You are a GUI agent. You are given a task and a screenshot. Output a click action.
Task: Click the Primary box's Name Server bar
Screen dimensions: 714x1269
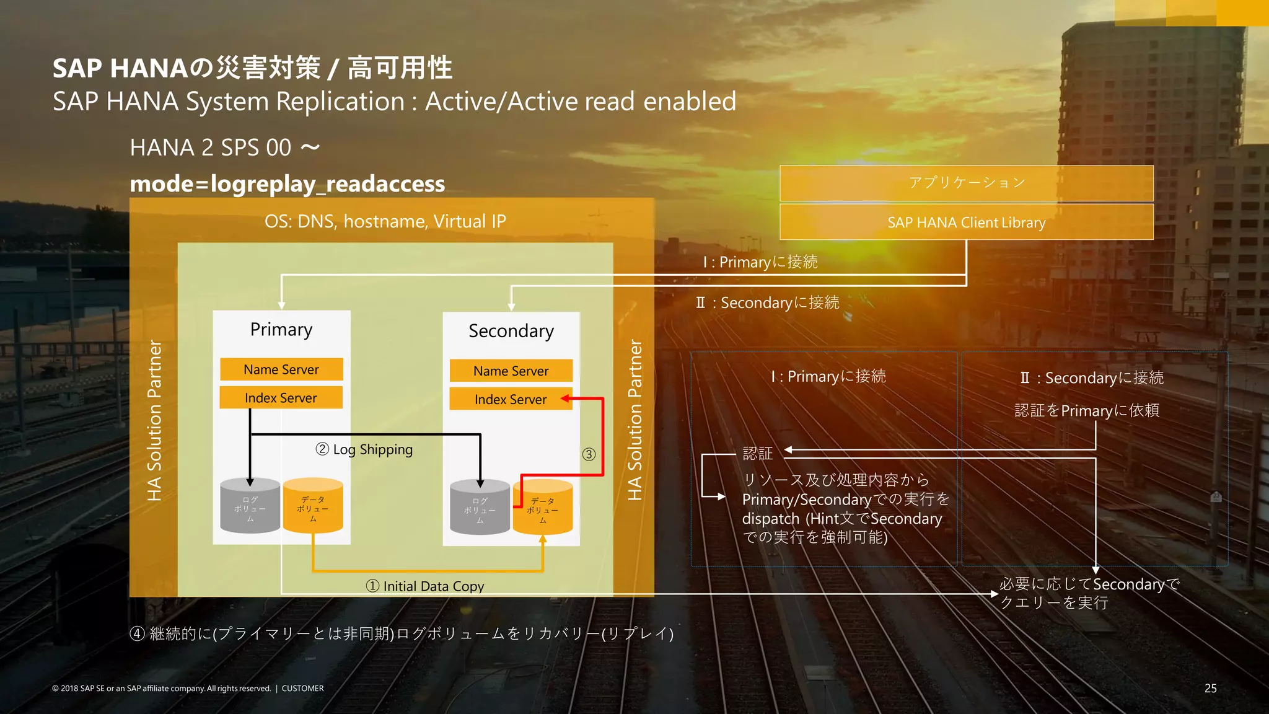click(281, 369)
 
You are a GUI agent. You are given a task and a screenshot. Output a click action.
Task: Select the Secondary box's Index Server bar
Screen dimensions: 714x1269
click(511, 400)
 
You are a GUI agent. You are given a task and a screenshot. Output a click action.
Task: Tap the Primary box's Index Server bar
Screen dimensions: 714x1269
click(281, 398)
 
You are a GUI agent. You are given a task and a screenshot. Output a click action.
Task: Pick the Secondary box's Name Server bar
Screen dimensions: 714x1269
click(511, 371)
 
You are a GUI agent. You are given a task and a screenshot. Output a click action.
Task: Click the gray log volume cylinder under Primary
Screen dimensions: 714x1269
click(250, 506)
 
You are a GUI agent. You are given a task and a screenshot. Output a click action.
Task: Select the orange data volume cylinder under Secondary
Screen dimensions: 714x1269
click(543, 508)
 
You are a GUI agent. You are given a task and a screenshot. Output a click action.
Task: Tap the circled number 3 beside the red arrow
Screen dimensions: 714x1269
click(589, 454)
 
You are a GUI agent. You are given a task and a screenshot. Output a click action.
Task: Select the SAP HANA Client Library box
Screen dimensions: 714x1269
click(966, 223)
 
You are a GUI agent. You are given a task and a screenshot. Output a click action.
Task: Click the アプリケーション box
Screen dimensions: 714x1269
click(966, 183)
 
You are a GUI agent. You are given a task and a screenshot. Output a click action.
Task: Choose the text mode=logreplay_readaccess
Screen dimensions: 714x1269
click(288, 184)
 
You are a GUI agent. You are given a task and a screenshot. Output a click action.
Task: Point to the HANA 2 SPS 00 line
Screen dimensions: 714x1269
click(225, 148)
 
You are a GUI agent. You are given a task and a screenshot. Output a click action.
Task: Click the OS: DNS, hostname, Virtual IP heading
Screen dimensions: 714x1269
click(385, 221)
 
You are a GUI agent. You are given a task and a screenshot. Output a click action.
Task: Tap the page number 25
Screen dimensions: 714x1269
click(1210, 688)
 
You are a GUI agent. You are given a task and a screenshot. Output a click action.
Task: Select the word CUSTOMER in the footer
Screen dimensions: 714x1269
click(302, 688)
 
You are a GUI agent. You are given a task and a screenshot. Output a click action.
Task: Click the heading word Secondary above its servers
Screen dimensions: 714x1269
click(511, 331)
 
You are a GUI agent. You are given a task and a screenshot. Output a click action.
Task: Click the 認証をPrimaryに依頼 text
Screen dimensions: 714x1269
click(1086, 410)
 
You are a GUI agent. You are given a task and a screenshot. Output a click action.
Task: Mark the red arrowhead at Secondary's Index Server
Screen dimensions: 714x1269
click(564, 399)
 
